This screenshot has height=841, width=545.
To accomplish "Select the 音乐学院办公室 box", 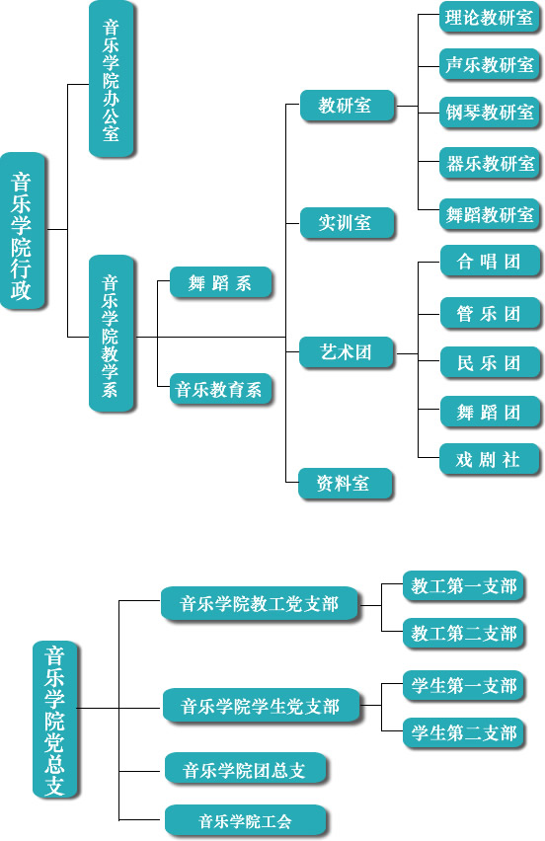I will [112, 79].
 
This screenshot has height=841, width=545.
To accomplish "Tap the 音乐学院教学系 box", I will [112, 334].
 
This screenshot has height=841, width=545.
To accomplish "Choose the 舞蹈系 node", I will [220, 284].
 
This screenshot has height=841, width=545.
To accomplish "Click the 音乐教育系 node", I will [220, 390].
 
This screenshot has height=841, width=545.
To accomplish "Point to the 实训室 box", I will [346, 223].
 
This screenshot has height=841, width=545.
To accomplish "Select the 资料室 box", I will [345, 484].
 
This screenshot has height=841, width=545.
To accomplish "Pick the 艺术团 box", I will [346, 351].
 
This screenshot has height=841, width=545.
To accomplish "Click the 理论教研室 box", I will [489, 18].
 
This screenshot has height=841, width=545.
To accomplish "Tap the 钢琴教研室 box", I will [489, 113].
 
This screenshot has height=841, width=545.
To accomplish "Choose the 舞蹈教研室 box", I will [489, 213].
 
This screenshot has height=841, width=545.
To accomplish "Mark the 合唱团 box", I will [489, 262].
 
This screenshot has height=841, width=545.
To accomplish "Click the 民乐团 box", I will [489, 362].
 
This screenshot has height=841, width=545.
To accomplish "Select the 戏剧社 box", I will [489, 460].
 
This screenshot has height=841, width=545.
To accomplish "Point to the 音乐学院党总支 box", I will [55, 719].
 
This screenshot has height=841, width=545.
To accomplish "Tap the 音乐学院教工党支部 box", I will [259, 603].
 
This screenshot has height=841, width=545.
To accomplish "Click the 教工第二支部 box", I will [464, 633].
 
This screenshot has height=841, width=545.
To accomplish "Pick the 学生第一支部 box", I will [464, 685].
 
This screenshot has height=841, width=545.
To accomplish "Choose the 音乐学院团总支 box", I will [244, 771].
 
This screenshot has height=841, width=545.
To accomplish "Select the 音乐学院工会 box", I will [245, 820].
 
